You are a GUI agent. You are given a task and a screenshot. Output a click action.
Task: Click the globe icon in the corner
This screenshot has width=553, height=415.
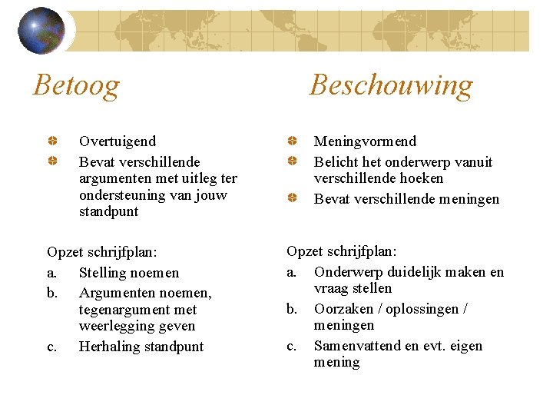click(41, 31)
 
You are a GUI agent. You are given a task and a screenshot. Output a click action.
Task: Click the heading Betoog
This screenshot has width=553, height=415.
click(76, 85)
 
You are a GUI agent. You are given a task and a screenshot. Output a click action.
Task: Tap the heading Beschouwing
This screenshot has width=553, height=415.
click(391, 85)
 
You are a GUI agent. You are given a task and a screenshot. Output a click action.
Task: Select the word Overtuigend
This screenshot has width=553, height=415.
click(117, 141)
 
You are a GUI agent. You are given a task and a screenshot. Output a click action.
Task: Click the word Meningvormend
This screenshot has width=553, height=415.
click(365, 141)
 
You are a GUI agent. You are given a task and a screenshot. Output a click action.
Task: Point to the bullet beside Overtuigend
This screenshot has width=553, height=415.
click(51, 141)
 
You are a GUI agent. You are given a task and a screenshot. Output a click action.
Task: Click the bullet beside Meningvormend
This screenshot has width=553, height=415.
click(293, 141)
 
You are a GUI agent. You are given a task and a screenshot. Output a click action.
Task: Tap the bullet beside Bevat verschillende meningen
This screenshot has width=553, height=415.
click(293, 199)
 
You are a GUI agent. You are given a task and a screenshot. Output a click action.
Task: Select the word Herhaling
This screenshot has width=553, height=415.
click(109, 347)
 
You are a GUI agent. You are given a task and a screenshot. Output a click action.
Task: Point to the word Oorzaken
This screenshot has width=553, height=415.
click(343, 309)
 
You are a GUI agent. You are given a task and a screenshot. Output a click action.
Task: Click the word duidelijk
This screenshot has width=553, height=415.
click(406, 272)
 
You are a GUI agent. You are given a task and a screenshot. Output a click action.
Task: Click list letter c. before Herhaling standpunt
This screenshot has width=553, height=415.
click(51, 347)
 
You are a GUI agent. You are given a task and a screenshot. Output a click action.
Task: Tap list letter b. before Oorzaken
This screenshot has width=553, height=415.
click(292, 309)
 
